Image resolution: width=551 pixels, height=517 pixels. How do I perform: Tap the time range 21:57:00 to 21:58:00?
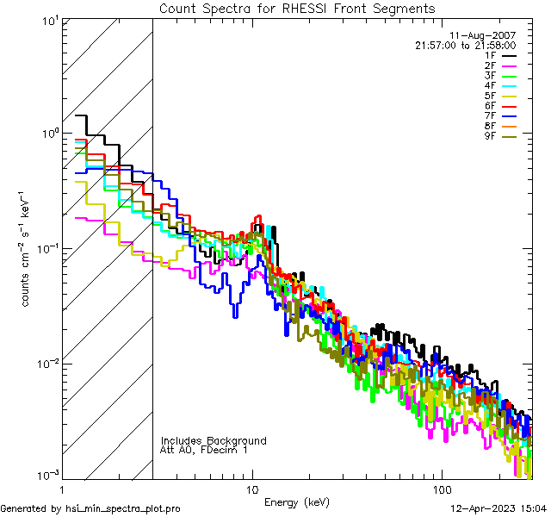click(x=466, y=46)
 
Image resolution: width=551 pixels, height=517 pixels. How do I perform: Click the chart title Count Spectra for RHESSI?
click(x=297, y=8)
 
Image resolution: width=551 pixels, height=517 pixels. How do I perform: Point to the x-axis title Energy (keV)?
click(x=296, y=502)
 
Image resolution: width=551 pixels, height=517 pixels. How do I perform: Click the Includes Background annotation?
click(x=214, y=440)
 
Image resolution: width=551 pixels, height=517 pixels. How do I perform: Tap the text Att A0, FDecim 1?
click(x=204, y=450)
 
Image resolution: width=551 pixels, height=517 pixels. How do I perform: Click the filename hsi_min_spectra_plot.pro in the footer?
click(x=123, y=508)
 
